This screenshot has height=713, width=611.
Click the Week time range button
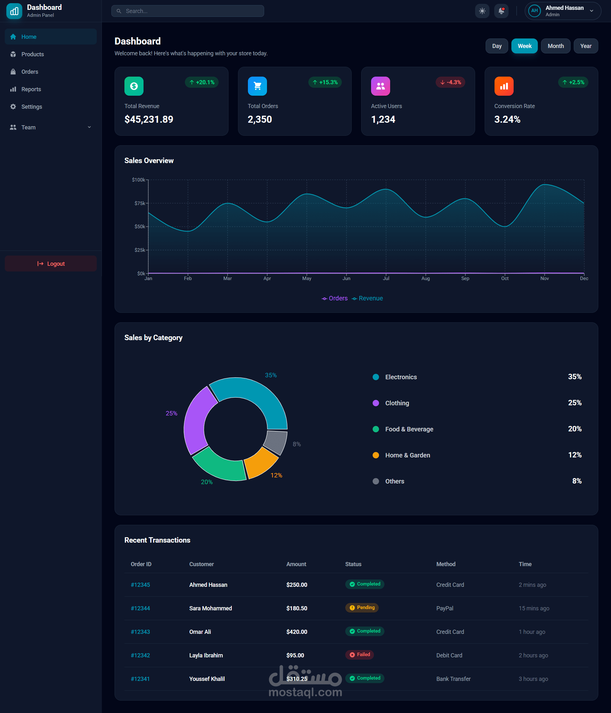[524, 46]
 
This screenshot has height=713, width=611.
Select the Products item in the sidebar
[32, 54]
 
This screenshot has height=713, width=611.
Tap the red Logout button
[51, 264]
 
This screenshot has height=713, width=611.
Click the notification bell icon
[501, 11]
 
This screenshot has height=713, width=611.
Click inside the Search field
[188, 11]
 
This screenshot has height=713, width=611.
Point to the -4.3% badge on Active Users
[450, 82]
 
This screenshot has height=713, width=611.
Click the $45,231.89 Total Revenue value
[149, 120]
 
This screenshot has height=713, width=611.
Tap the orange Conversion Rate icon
[503, 86]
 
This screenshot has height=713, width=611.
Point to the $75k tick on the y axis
[140, 203]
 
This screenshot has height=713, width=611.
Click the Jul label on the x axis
[386, 278]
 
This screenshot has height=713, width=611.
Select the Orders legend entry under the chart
[334, 298]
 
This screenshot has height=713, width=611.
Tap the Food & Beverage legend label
[409, 429]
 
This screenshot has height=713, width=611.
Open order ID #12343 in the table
[140, 632]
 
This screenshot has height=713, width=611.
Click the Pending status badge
[362, 608]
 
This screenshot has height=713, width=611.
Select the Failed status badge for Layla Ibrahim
[360, 655]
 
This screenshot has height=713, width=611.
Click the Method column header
[446, 564]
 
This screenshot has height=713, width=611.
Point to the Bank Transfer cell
[453, 679]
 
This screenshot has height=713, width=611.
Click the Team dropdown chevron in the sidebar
[89, 127]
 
